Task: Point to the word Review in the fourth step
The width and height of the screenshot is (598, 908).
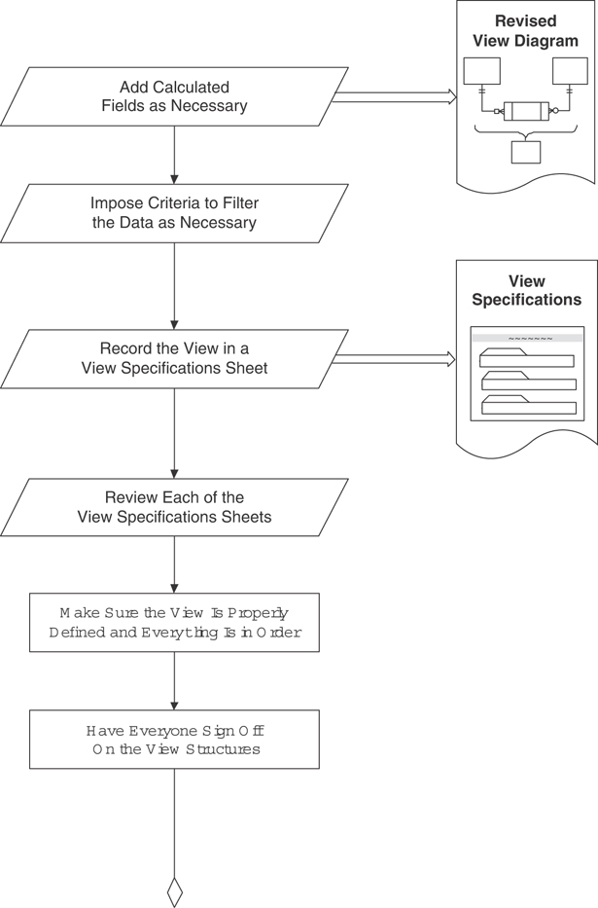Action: pos(131,497)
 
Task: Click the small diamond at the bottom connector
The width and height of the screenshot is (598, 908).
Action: pos(175,891)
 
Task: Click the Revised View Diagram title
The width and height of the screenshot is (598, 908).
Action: pos(525,31)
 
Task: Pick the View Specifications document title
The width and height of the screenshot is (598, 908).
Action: pos(526,291)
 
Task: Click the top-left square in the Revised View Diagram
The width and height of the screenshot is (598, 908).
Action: pos(481,71)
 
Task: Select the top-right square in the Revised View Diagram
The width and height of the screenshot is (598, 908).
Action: pos(570,71)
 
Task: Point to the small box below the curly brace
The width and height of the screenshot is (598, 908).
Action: pos(526,152)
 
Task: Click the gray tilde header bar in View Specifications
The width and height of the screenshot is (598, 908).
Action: pos(527,339)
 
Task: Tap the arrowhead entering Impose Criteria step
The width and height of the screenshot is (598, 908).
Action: pos(175,178)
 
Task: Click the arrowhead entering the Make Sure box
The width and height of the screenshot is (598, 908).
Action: pos(175,587)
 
